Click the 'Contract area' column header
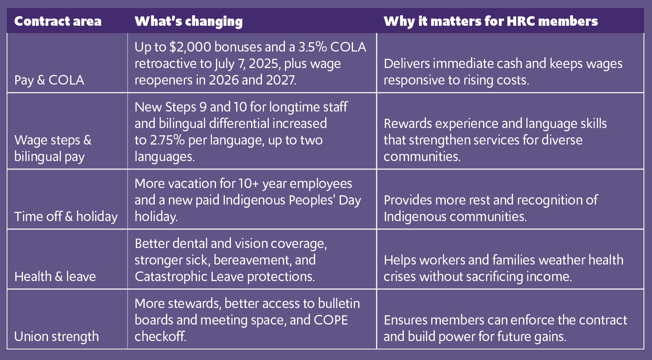(58, 21)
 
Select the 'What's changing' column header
(189, 21)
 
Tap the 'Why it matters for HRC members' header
(490, 21)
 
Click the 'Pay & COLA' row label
(49, 80)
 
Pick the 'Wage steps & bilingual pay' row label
(53, 148)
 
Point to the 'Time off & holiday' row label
(66, 216)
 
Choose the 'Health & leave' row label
(55, 276)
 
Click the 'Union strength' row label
(56, 336)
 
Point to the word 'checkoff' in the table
(160, 336)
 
